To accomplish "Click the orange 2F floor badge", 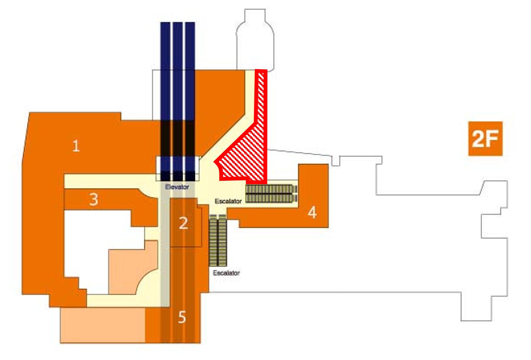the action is coord(485,139).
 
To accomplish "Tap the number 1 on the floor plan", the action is coord(76,146).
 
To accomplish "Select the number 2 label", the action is coord(183,223).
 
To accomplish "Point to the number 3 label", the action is coord(94,199).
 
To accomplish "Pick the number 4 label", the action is coord(312,212).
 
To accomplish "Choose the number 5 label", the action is coord(182,317).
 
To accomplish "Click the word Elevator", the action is coord(177,187).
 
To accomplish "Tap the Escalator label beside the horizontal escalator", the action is coord(228,201).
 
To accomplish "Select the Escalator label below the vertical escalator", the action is coord(226,273).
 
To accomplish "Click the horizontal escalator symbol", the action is coord(271,194).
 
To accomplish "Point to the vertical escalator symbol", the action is coord(218,240).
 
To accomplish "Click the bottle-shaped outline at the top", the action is coord(255,40).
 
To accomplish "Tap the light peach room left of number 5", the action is coord(103,325).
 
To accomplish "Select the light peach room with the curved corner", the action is coord(133,268).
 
